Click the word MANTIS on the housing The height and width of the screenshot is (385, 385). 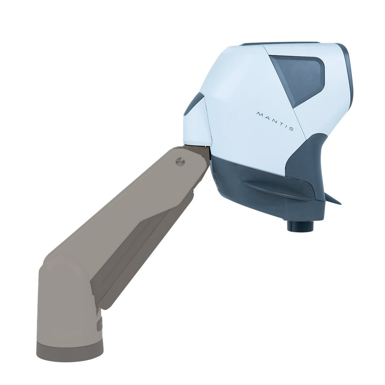click(275, 121)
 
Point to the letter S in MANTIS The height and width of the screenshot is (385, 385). click(291, 129)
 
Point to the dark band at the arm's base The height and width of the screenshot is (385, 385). click(70, 351)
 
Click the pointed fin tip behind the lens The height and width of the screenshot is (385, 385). click(337, 201)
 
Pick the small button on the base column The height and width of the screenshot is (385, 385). click(99, 325)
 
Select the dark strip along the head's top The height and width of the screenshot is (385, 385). click(279, 44)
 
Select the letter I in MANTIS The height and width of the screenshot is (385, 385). click(285, 126)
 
